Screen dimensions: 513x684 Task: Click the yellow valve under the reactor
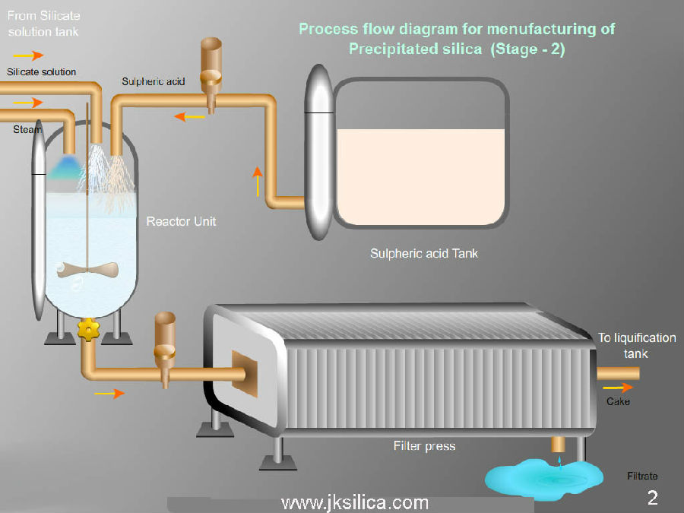89,329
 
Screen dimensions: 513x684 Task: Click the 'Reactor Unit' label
181,221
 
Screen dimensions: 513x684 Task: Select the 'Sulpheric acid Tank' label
424,253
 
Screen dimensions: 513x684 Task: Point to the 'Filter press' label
424,445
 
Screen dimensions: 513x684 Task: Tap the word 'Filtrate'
642,477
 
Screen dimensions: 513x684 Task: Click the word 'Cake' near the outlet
618,401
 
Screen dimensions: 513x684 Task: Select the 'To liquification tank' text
636,346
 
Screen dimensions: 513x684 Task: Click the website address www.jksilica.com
354,502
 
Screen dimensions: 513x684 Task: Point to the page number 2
652,498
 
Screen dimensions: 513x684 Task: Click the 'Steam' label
27,130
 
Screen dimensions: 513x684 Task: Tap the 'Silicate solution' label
42,71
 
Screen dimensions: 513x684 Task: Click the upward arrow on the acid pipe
258,181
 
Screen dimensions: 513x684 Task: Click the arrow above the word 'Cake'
622,387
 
